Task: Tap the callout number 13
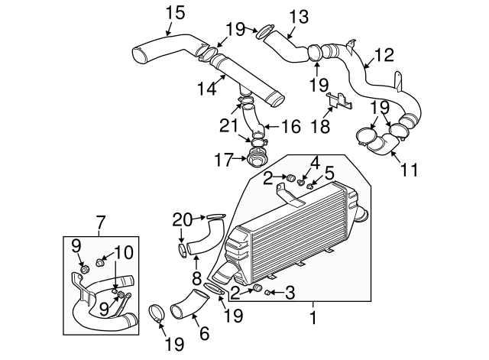(x=298, y=15)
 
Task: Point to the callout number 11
(x=410, y=169)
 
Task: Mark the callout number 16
(x=292, y=126)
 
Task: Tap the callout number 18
(x=325, y=125)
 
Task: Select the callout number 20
(x=183, y=219)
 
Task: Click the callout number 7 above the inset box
(x=100, y=223)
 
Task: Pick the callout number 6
(x=203, y=333)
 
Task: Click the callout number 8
(x=196, y=278)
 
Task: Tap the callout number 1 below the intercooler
(x=313, y=314)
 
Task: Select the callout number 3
(x=290, y=291)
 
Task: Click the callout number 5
(x=329, y=173)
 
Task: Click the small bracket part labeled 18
(x=338, y=100)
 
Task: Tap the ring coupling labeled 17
(x=254, y=161)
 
